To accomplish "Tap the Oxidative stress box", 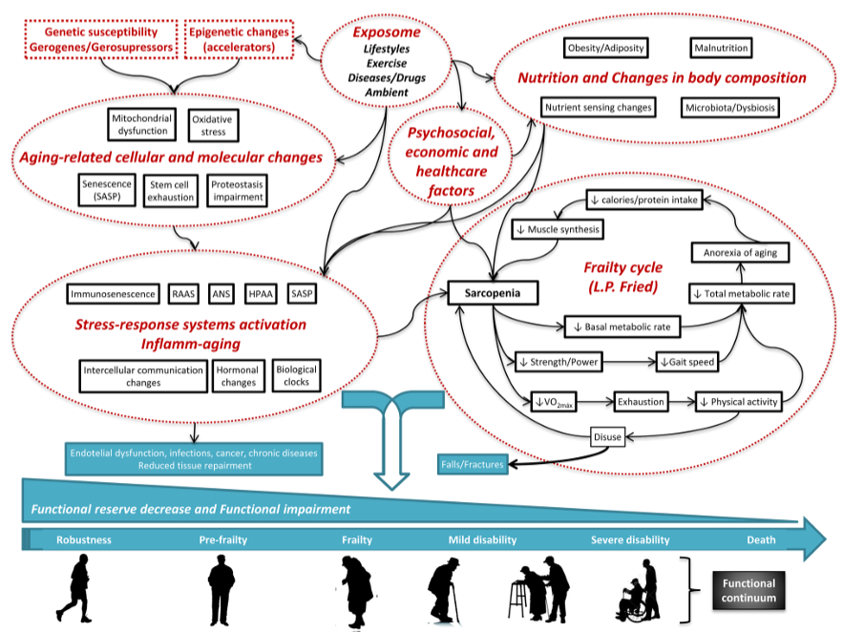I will point(214,125).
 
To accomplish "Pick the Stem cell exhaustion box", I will point(170,189).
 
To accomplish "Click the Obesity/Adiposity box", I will point(605,47).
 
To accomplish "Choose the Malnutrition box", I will point(720,47).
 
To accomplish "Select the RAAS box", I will point(184,294).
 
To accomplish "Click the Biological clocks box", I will point(295,375).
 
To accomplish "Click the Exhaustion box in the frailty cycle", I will point(640,401).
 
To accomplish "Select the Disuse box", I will point(607,437).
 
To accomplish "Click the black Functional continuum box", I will point(748,591).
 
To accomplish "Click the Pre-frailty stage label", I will point(222,539).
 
